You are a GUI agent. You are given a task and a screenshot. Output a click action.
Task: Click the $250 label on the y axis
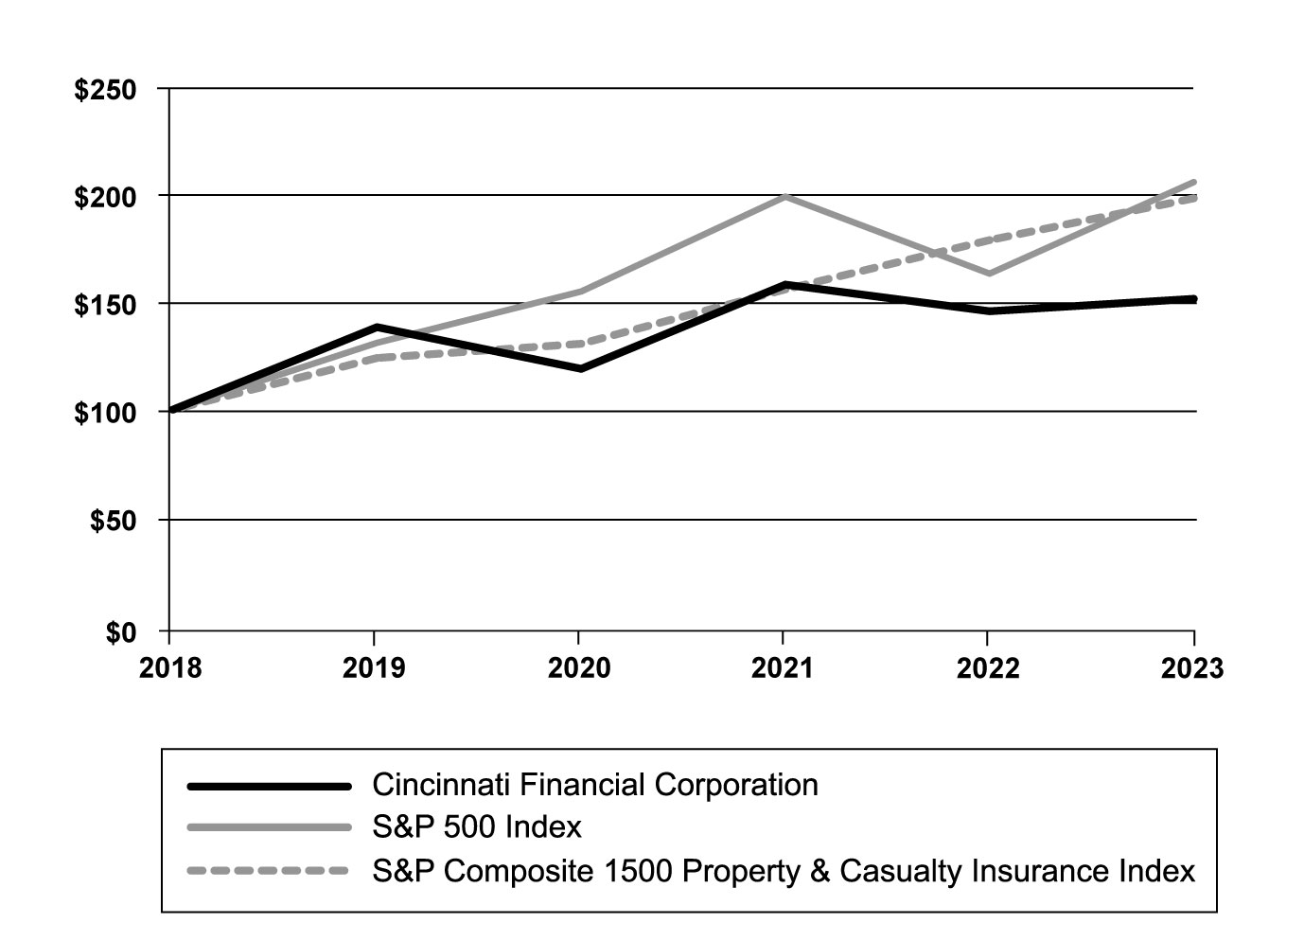pos(105,90)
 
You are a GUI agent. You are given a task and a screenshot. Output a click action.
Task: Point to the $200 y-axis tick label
pos(105,197)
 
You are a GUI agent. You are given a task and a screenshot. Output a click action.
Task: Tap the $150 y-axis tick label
pos(105,306)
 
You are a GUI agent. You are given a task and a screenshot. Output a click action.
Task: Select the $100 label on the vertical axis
pos(105,414)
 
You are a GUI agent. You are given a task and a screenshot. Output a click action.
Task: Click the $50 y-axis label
pos(113,522)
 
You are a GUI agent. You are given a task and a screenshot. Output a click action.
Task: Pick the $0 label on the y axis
pos(120,631)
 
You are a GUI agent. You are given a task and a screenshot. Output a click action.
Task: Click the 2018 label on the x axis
pos(170,668)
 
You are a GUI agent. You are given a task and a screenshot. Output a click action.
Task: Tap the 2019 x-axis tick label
pos(374,668)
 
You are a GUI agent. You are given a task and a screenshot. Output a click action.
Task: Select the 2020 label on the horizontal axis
pos(579,668)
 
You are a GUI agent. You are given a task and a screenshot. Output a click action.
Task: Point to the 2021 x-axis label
pos(783,668)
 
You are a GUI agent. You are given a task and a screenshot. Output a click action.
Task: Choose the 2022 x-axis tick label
pos(988,668)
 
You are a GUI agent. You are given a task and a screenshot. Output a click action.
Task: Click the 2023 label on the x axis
pos(1192,668)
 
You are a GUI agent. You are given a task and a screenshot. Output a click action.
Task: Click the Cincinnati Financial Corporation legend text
pos(595,785)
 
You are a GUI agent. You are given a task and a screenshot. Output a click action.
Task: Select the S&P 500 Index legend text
pos(477,827)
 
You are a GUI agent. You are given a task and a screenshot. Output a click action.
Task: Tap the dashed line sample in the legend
pos(270,870)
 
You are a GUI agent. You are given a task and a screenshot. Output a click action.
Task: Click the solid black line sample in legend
pos(270,786)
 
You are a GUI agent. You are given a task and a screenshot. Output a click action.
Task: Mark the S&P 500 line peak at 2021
pos(784,196)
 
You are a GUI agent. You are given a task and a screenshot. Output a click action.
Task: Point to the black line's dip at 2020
pos(579,368)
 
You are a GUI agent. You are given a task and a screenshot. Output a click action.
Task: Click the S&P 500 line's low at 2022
pos(989,273)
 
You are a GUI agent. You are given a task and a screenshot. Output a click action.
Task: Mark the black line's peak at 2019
pos(376,328)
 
